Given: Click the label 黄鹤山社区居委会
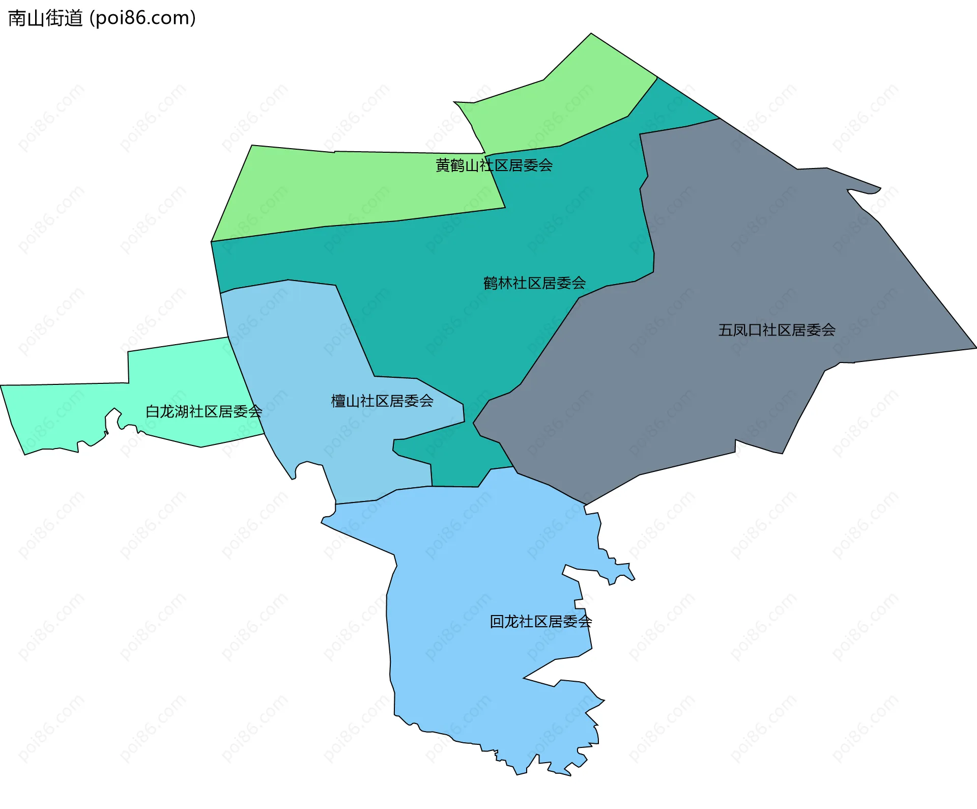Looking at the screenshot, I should (494, 165).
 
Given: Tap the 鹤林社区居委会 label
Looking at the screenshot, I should (534, 283).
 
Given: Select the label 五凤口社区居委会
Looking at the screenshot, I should (777, 330).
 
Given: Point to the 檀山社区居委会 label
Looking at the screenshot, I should (382, 401).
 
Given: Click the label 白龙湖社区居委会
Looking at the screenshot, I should (204, 411).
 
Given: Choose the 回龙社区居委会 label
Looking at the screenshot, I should (540, 622).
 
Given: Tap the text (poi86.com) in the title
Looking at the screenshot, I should (142, 18).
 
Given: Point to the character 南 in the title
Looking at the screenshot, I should (17, 18).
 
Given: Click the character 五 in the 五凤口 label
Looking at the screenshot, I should (725, 330).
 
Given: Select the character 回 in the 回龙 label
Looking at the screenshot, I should (497, 622).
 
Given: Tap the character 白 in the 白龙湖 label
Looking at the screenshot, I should (153, 411).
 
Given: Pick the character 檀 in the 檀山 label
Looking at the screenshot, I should (338, 401).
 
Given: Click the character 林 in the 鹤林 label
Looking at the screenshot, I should (505, 283).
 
